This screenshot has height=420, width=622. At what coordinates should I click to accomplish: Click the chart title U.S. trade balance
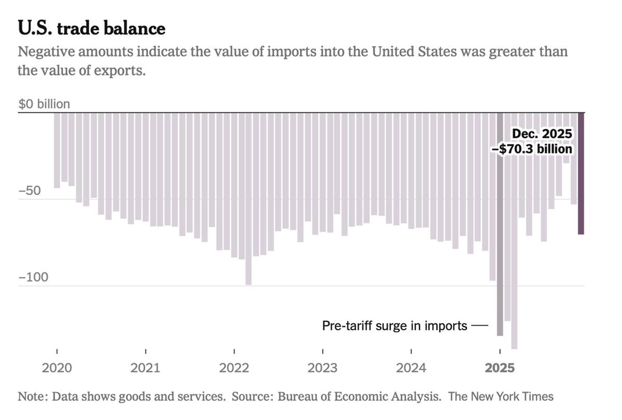(x=92, y=28)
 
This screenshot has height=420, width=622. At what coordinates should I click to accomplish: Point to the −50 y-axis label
(x=30, y=191)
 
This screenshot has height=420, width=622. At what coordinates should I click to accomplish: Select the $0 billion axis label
(x=44, y=104)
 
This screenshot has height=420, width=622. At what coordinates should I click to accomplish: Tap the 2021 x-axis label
(x=145, y=368)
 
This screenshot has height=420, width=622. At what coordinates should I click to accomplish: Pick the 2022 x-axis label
(x=234, y=368)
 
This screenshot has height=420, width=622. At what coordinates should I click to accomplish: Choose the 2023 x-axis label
(x=323, y=368)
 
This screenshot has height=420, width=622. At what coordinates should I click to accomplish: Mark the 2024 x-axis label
(x=411, y=368)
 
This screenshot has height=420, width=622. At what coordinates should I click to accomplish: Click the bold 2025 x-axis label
(x=500, y=368)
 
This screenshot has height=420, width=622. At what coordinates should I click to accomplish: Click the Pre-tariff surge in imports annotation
(x=395, y=326)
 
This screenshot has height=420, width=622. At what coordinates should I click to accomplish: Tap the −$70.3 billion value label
(x=532, y=149)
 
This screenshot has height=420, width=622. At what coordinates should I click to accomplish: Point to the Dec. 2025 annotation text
(x=542, y=134)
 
